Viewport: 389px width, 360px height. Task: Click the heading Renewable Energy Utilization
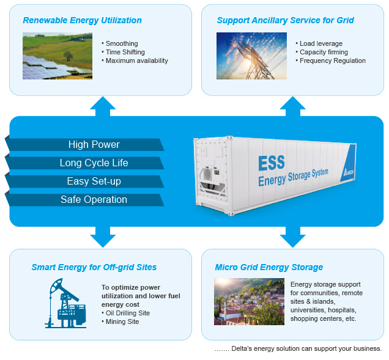click(x=82, y=20)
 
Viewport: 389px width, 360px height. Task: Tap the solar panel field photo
click(x=57, y=56)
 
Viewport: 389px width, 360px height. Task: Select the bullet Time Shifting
click(x=125, y=52)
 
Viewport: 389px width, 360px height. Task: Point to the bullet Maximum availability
click(x=136, y=61)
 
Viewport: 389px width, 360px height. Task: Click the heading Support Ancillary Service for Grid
click(x=285, y=20)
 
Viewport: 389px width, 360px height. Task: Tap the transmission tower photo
click(x=251, y=56)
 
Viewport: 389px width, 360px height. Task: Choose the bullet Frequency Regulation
click(x=332, y=61)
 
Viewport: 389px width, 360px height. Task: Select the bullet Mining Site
click(x=122, y=321)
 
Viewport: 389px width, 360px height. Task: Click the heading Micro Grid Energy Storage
click(x=269, y=267)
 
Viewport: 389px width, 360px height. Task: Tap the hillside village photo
click(x=249, y=301)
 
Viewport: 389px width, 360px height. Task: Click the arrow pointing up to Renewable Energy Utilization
click(x=102, y=105)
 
